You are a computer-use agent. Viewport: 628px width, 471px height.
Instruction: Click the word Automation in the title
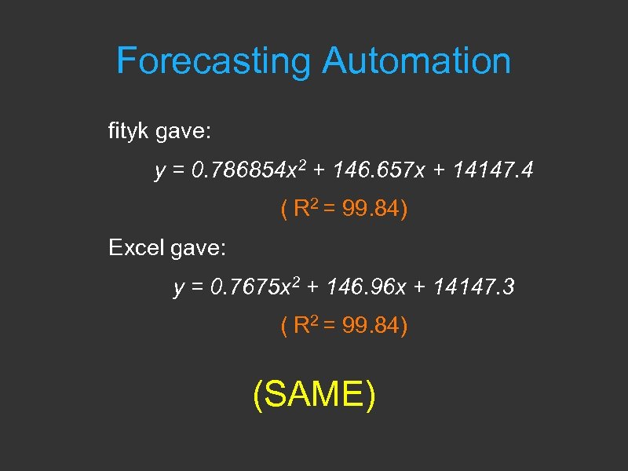(x=416, y=61)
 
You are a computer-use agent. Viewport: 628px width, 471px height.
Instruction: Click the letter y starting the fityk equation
(x=159, y=172)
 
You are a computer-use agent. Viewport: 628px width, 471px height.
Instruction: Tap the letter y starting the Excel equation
(x=178, y=290)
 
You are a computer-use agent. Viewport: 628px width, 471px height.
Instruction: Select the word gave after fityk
(x=184, y=132)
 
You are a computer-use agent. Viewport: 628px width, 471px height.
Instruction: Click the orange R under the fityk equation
(x=300, y=210)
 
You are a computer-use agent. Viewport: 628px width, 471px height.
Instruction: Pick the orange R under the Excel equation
(x=300, y=327)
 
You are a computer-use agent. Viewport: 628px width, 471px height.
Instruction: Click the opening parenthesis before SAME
(x=258, y=394)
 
